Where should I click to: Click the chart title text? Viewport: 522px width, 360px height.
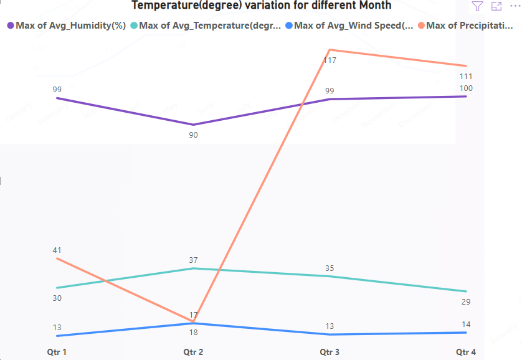coord(261,6)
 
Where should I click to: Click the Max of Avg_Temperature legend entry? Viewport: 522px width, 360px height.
coord(206,26)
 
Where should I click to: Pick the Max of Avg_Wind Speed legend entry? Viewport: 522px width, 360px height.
coord(349,26)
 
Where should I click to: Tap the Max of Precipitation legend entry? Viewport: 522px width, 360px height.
coord(467,26)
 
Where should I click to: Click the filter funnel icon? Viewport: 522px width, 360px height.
coord(477,6)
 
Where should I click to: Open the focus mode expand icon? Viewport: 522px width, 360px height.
coord(496,6)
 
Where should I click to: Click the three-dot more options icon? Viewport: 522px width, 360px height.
coord(515,6)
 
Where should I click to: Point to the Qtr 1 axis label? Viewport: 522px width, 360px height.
coord(57,352)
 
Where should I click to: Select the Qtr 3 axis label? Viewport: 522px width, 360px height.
coord(330,352)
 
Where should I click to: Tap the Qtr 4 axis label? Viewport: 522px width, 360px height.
coord(466,352)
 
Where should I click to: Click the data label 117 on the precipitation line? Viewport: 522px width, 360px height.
coord(330,60)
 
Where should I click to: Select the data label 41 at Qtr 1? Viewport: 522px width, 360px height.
coord(57,250)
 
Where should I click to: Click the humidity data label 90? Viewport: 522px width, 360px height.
coord(193,135)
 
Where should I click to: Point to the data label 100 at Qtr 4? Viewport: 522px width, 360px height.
coord(465,88)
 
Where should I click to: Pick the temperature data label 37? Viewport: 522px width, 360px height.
coord(193,260)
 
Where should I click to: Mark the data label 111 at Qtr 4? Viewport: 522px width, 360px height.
coord(465,76)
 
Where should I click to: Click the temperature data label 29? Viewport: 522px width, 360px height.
coord(466,301)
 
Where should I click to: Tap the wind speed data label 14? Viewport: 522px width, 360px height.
coord(466,324)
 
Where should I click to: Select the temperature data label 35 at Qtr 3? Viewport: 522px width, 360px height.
coord(330,268)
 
